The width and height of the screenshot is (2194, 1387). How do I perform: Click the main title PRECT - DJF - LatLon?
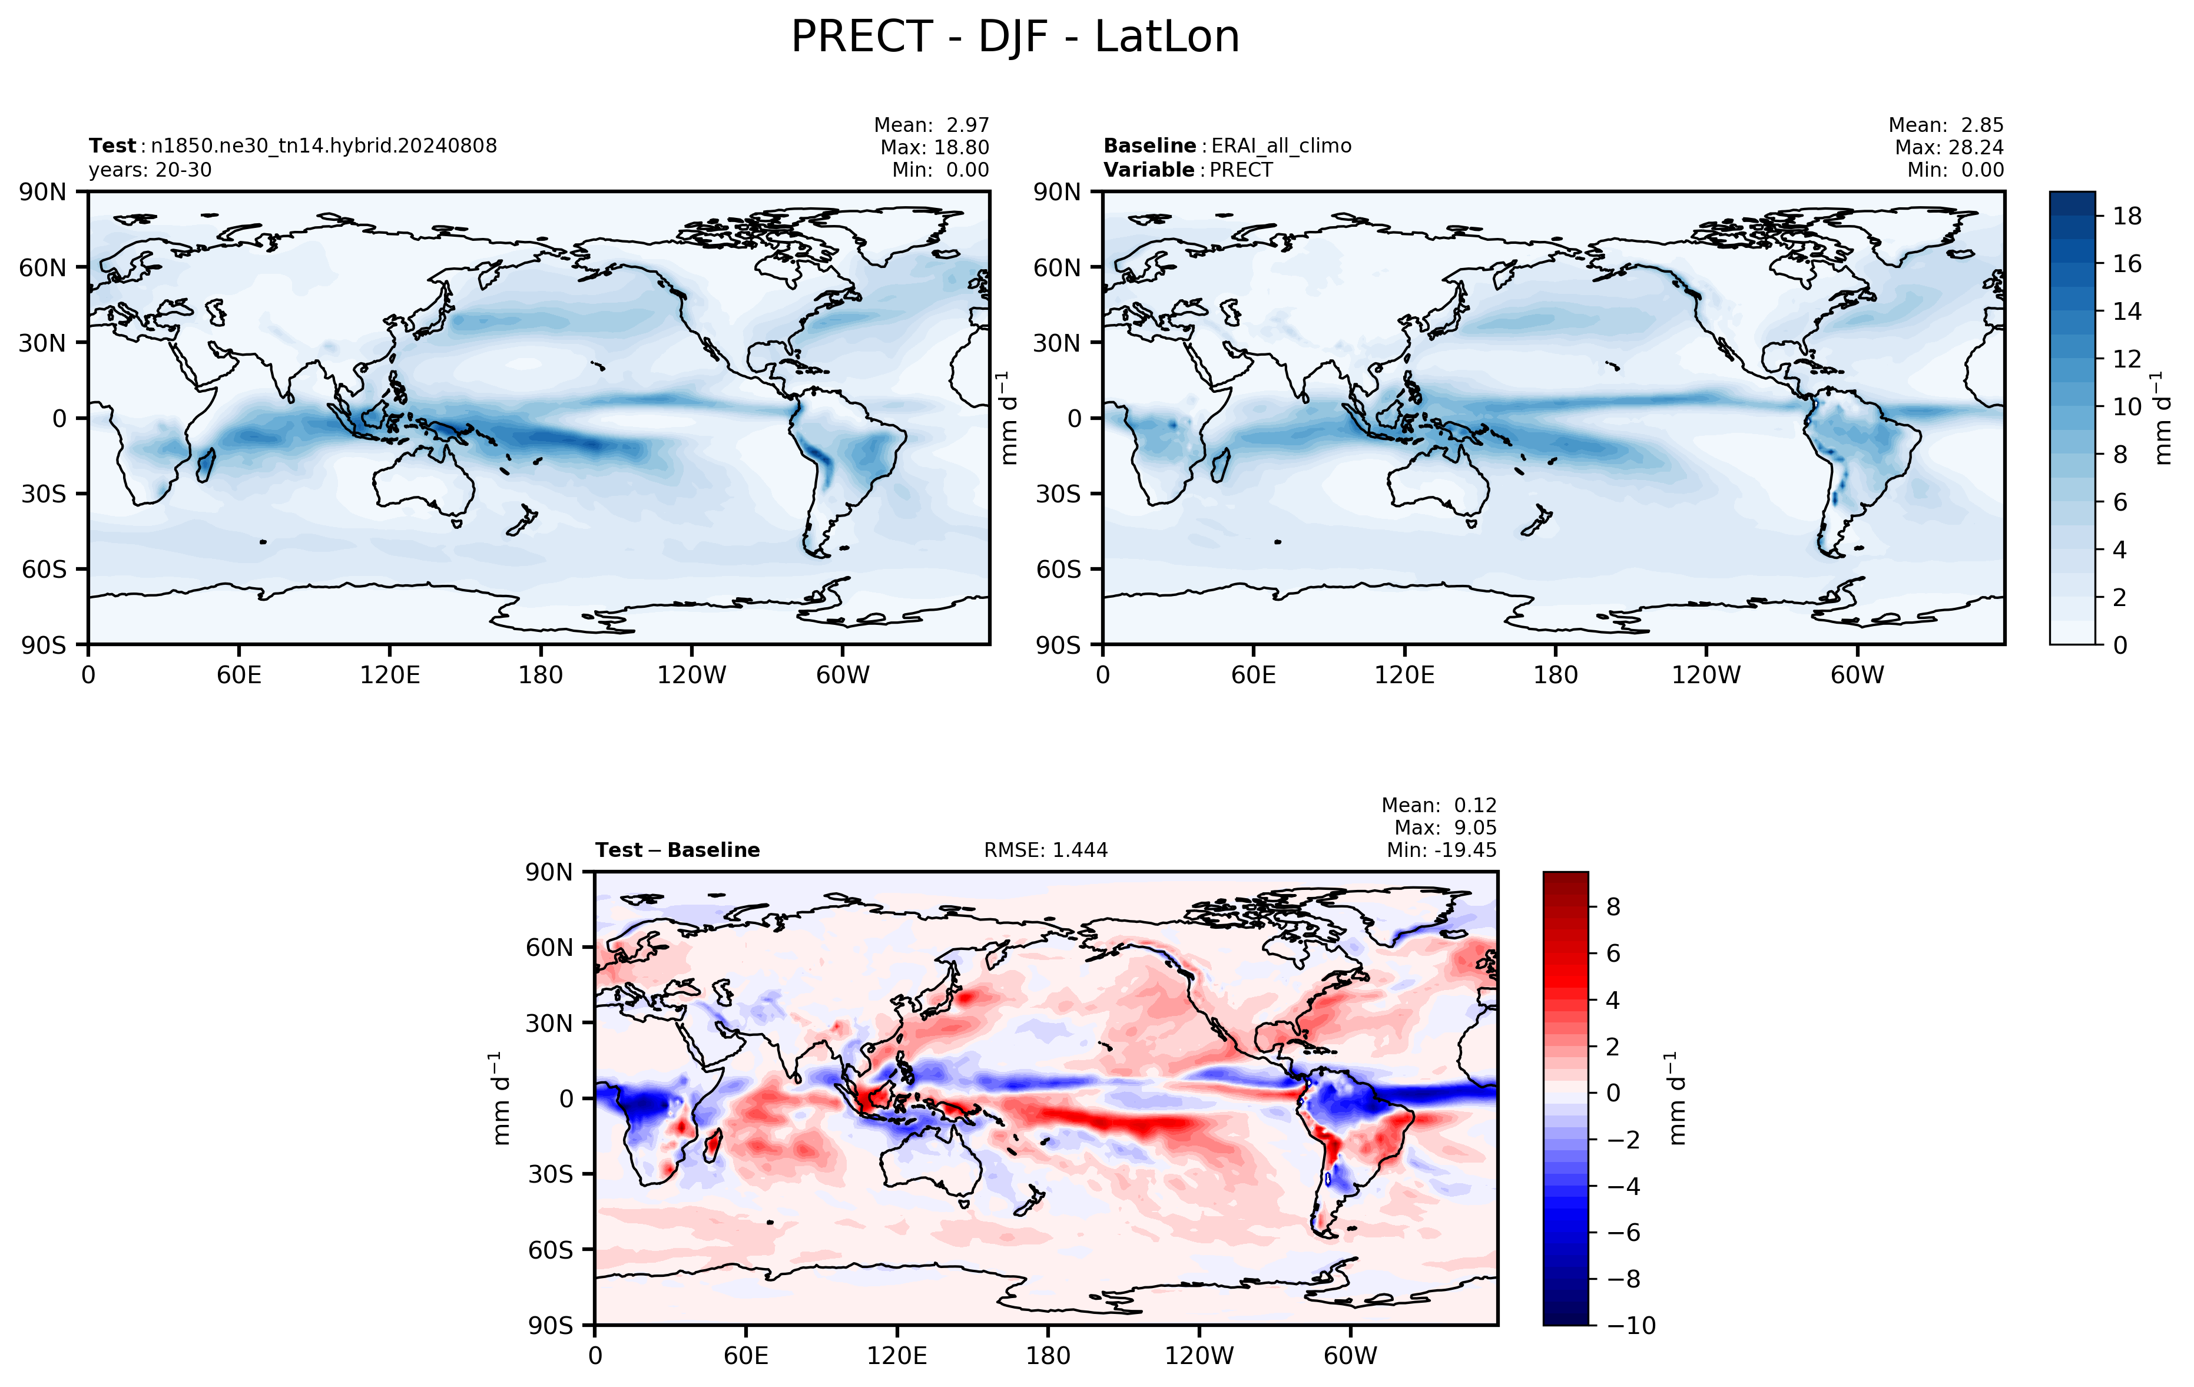[1015, 37]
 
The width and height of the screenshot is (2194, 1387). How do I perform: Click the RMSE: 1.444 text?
[1046, 850]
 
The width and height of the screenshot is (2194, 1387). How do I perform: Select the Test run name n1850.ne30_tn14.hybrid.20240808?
[324, 146]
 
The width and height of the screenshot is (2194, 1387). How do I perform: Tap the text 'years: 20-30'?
[150, 170]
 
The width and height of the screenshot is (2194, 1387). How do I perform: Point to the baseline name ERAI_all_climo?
[1281, 146]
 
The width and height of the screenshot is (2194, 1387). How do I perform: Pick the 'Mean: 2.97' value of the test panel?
[931, 125]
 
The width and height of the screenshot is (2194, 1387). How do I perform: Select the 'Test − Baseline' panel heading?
[678, 850]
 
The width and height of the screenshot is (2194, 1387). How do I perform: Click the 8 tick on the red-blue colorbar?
[1613, 907]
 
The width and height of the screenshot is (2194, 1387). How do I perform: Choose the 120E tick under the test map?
[390, 676]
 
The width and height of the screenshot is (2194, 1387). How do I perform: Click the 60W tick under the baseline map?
[1857, 676]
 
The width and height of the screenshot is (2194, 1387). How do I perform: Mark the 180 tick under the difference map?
[1048, 1356]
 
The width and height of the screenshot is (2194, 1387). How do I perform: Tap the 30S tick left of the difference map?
[551, 1174]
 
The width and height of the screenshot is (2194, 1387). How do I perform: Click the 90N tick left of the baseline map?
[1057, 192]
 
